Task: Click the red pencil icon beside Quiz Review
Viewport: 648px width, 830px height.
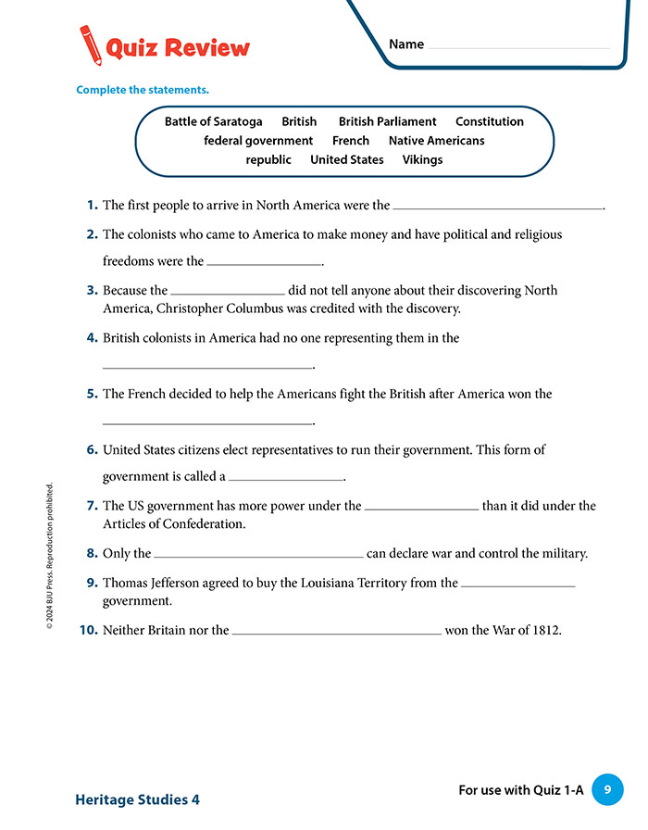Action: click(91, 44)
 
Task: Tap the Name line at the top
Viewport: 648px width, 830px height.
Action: click(518, 46)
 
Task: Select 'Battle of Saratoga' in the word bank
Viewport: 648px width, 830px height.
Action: click(213, 121)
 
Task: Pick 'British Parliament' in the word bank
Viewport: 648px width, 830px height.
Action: click(387, 121)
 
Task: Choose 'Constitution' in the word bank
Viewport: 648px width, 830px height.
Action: click(489, 121)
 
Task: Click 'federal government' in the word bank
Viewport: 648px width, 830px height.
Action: click(258, 141)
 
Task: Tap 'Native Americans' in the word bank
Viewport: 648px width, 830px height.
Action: click(436, 141)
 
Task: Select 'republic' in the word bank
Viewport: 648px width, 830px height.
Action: click(268, 159)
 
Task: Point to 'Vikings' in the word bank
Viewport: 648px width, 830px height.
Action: click(422, 159)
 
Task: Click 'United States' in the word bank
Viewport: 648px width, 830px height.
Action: click(346, 159)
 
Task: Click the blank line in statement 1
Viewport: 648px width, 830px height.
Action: click(498, 207)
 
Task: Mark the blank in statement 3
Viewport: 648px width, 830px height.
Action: click(228, 293)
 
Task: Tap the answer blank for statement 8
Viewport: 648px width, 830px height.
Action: click(258, 556)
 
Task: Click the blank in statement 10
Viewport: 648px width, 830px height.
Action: click(337, 633)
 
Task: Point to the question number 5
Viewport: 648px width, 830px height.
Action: click(93, 394)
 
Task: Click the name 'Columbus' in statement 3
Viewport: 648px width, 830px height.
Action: click(268, 308)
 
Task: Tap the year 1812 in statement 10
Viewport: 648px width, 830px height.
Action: click(544, 631)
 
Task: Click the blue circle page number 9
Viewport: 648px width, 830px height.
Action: click(607, 789)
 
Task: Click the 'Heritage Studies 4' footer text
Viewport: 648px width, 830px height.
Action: click(137, 799)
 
